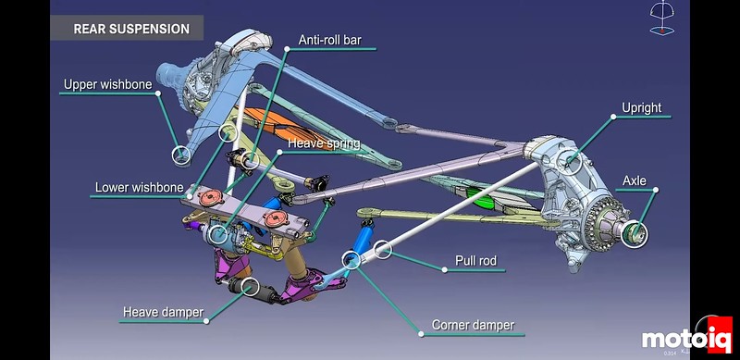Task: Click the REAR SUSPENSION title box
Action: coord(130,29)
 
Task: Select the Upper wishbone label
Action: coord(107,85)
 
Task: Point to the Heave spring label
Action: coord(323,143)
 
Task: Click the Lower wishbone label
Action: coord(139,188)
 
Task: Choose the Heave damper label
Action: coord(163,312)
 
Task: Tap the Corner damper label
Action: coord(473,326)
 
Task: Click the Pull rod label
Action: coord(475,261)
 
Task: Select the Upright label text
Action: coord(642,108)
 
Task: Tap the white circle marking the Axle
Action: coord(633,232)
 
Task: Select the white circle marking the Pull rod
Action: coord(382,247)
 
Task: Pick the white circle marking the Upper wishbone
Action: coord(181,154)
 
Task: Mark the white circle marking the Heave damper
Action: coord(248,286)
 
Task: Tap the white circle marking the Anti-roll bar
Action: coord(228,131)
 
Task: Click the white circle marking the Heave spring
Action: coord(219,234)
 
